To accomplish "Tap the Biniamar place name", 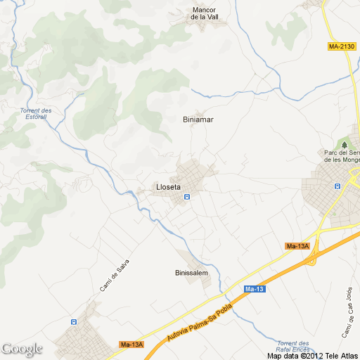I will tap(198, 120).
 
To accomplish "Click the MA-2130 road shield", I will tap(342, 46).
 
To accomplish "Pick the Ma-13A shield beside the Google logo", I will tap(131, 345).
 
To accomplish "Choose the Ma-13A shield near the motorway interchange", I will tap(297, 246).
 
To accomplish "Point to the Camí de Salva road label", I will tap(115, 276).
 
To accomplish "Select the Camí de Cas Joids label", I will tap(346, 311).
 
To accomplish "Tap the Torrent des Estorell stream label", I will tap(36, 114).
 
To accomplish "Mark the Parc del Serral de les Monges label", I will tap(342, 156).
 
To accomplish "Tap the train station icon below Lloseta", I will tap(187, 198).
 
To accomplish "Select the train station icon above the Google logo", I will tap(74, 321).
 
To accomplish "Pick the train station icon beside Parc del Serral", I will tap(336, 186).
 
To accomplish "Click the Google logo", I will tap(22, 349).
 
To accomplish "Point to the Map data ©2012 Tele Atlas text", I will tap(312, 355).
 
